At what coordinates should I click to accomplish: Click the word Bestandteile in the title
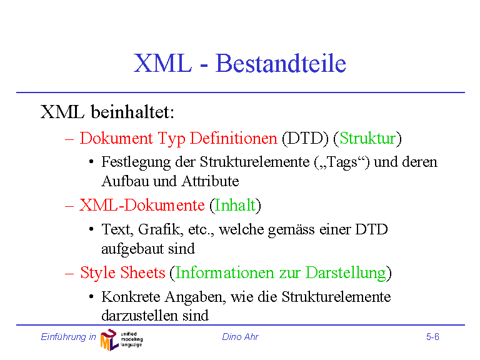point(281,63)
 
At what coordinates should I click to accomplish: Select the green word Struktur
point(367,138)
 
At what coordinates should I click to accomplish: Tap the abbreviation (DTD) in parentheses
point(305,138)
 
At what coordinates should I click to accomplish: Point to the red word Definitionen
point(234,138)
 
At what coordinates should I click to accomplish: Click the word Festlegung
point(136,162)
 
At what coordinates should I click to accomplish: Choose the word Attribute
point(210,181)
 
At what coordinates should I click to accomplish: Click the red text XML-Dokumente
point(142,205)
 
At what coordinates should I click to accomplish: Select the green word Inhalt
point(235,205)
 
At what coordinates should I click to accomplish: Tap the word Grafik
point(161,229)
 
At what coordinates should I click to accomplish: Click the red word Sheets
point(142,272)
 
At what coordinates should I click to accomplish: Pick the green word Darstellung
point(346,272)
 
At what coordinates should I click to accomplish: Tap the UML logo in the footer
point(121,339)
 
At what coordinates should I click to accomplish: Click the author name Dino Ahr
point(240,337)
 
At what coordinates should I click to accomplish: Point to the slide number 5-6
point(433,337)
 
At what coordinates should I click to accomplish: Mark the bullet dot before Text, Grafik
point(91,229)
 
